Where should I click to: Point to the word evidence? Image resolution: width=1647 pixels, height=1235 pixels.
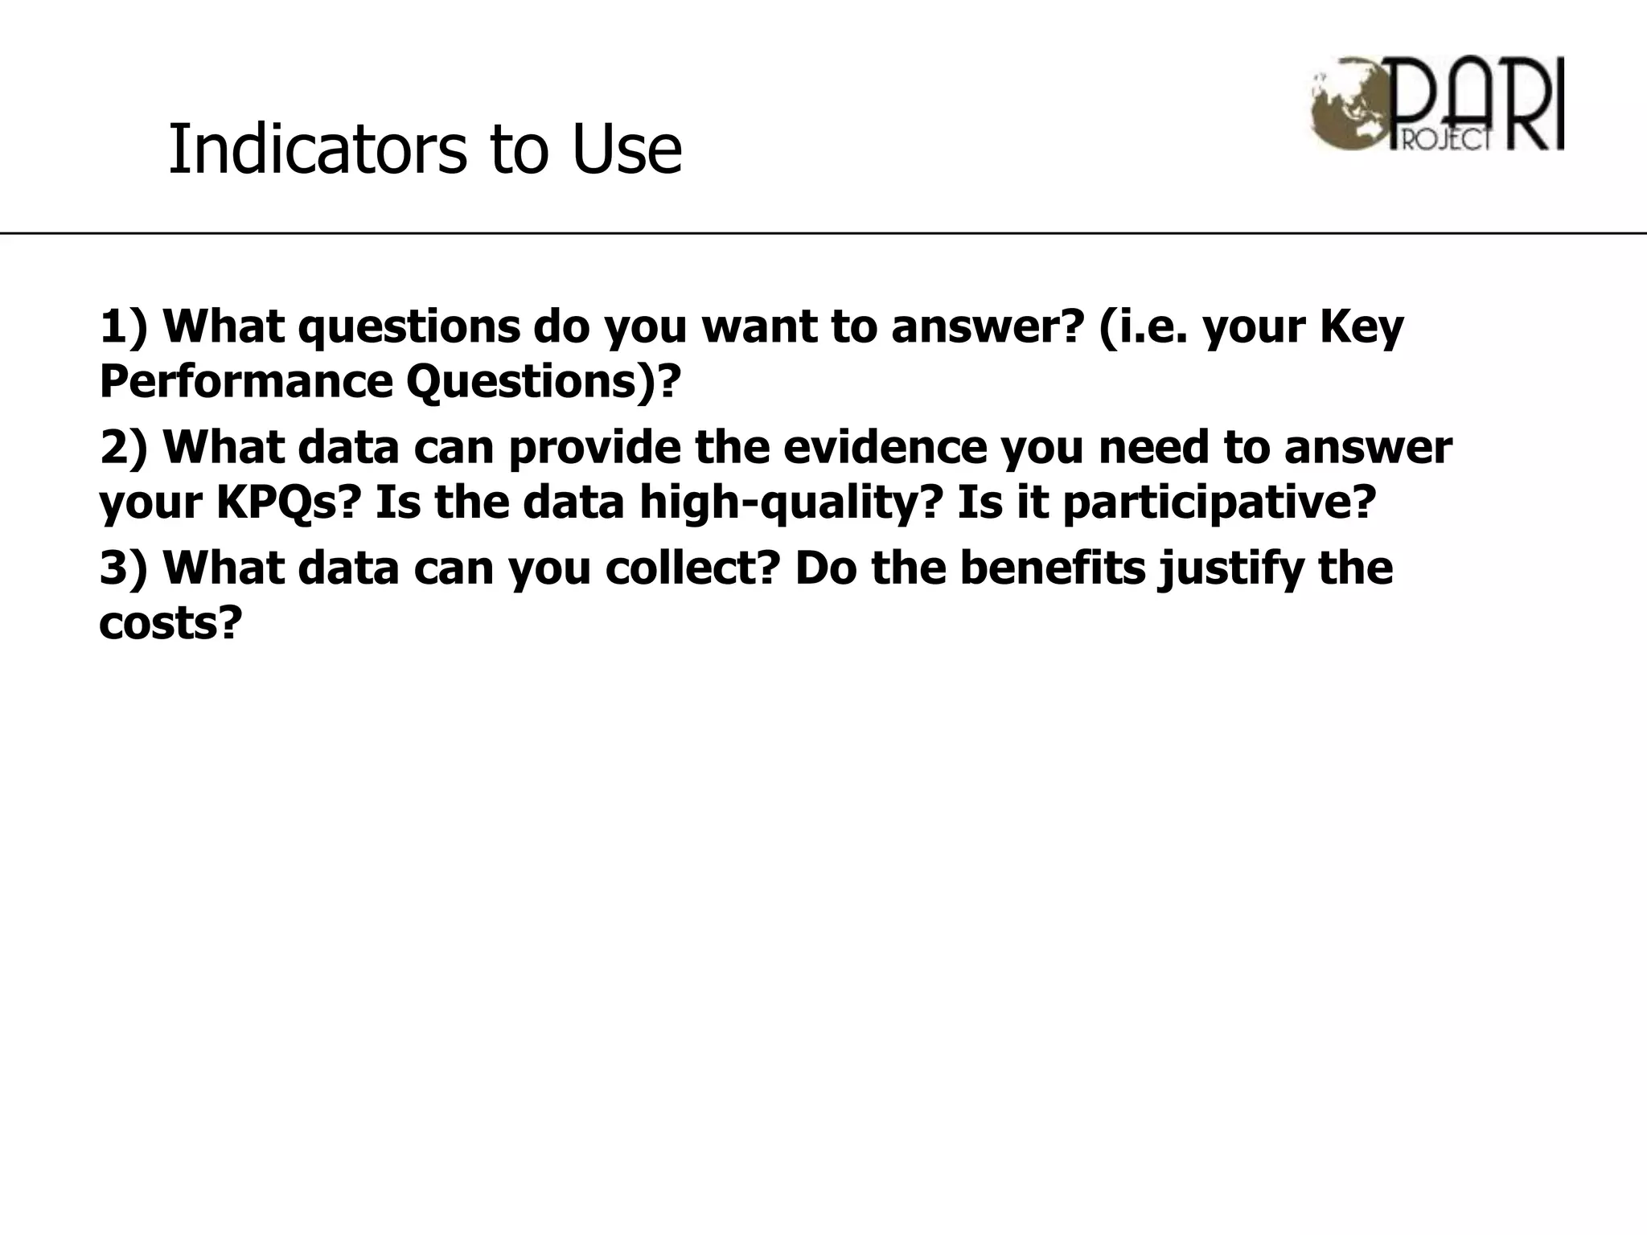885,447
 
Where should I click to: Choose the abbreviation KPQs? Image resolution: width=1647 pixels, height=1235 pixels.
285,503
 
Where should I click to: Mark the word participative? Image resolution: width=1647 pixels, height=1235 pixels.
1219,503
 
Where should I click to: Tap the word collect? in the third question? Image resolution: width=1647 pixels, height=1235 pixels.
692,568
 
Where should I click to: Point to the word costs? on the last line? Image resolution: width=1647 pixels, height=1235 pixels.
170,622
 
